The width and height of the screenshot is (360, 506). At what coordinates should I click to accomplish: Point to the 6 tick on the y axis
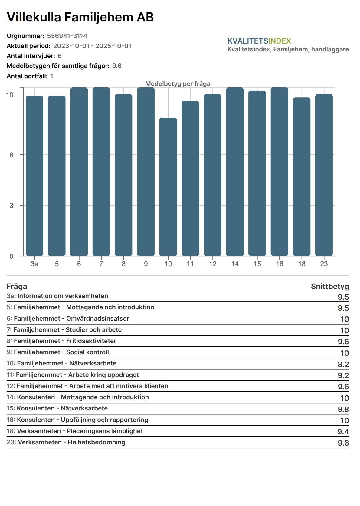[x=11, y=155]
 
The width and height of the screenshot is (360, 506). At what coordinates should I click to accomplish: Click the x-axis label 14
[x=235, y=264]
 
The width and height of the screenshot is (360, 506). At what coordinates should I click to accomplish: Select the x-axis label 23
[x=324, y=264]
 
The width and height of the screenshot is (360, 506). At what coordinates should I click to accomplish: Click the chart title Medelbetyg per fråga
[x=178, y=84]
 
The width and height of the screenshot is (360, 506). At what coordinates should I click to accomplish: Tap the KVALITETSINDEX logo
[x=259, y=41]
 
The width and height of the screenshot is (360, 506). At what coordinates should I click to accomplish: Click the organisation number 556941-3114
[x=67, y=36]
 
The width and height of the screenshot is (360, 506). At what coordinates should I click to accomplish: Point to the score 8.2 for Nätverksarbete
[x=343, y=364]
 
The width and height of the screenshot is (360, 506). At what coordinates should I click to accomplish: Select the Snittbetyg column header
[x=330, y=286]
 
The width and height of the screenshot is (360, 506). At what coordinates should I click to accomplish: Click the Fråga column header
[x=17, y=286]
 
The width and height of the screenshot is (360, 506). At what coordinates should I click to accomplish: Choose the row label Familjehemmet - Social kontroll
[x=61, y=352]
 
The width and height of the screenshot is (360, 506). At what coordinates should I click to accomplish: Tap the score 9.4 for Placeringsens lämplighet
[x=343, y=432]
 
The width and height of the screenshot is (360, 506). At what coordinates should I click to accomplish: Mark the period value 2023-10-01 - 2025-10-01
[x=92, y=46]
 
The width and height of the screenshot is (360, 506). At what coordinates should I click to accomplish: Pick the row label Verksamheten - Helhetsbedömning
[x=71, y=442]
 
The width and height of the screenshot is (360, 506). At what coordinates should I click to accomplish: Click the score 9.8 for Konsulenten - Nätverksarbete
[x=343, y=409]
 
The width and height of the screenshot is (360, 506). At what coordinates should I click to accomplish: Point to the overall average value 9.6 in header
[x=117, y=66]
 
